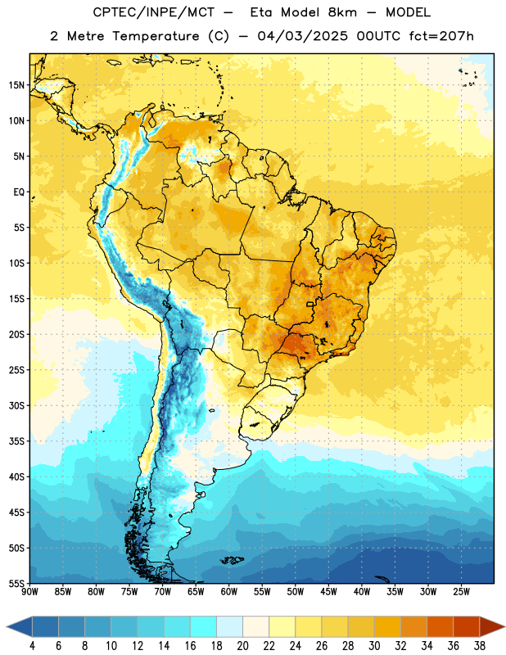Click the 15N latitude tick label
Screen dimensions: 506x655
[x=16, y=85]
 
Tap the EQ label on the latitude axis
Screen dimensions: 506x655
[x=19, y=192]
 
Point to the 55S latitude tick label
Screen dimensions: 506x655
[x=16, y=583]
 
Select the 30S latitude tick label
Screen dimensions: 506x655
[x=16, y=405]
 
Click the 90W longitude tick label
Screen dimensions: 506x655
[x=29, y=592]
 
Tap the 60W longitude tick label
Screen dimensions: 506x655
[x=229, y=592]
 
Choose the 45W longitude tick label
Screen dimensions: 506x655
[x=329, y=592]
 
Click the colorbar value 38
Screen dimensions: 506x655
[x=480, y=646]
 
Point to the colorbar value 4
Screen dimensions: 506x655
[x=32, y=646]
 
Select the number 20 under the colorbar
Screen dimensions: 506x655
[x=242, y=646]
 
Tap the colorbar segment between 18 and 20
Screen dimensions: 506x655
[x=229, y=626]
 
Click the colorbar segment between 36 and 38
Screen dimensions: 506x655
[x=467, y=626]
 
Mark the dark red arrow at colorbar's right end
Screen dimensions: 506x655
[x=491, y=626]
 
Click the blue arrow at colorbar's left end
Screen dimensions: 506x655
[x=20, y=626]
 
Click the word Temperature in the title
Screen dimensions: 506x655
[x=156, y=36]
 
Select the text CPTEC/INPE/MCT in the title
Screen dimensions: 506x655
[x=154, y=12]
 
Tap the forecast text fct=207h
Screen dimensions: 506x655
[x=441, y=36]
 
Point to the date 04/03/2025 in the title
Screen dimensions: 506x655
[x=302, y=36]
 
